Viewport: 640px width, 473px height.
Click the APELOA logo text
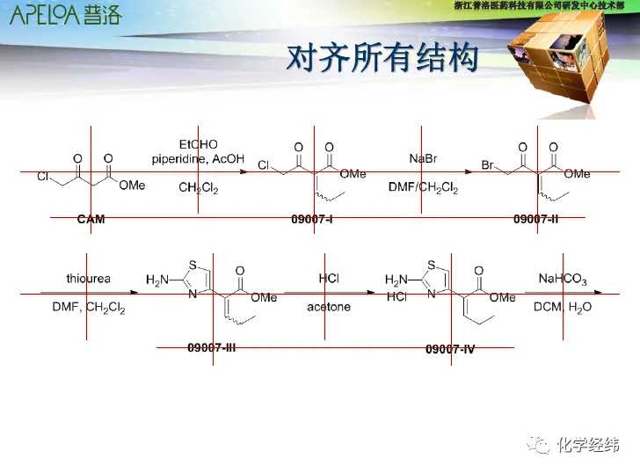point(65,15)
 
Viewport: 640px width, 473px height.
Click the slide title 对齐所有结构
point(383,58)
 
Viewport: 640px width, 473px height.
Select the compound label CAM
point(91,219)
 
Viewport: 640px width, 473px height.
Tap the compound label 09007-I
point(312,219)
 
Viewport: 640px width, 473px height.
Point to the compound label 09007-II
point(536,219)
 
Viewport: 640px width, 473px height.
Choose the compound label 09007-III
point(212,347)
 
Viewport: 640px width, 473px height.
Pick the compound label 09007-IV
point(450,349)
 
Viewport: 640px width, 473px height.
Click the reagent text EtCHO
point(198,144)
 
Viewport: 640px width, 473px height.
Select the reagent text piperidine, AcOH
point(198,158)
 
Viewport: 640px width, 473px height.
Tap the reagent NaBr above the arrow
point(423,158)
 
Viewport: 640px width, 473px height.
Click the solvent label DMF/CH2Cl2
point(423,187)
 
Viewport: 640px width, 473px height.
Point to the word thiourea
point(88,279)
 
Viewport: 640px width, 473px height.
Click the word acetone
point(329,307)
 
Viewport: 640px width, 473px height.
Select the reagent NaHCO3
point(563,279)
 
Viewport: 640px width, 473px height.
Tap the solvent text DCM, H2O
point(563,307)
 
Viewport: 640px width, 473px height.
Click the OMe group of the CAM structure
point(132,185)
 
